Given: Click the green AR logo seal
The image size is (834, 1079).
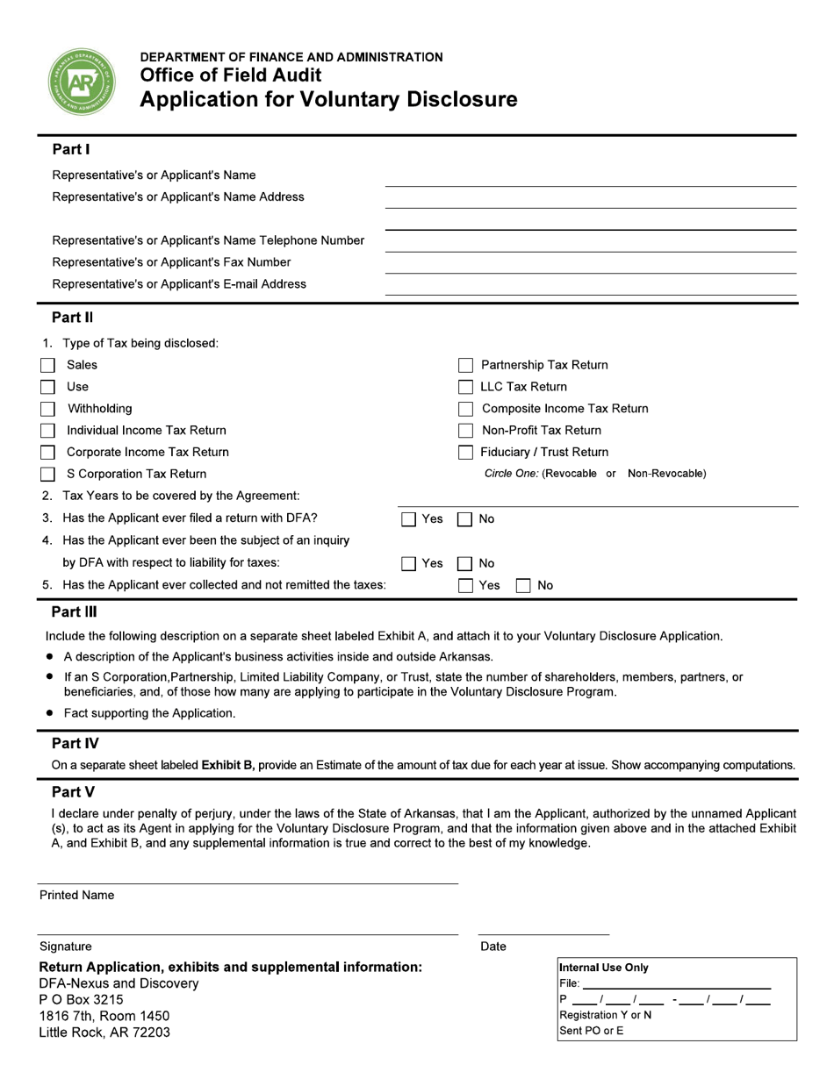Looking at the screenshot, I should point(82,82).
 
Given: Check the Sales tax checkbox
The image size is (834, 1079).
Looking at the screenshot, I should point(48,366).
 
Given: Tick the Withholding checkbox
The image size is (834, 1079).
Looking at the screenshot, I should point(48,410).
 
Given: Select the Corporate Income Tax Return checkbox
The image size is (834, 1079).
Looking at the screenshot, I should point(48,453).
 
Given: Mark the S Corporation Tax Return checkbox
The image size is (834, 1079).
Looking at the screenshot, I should point(48,475).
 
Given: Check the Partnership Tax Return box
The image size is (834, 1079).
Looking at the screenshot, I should point(466,366).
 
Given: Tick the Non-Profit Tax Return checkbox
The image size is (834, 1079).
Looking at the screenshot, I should point(466,431).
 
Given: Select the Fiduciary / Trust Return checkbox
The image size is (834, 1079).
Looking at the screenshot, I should point(466,453).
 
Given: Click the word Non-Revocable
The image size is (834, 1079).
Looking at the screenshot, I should point(666,474).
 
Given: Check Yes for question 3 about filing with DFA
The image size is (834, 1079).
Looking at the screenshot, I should point(408,519).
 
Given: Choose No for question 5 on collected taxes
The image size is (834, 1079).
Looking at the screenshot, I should point(523,586).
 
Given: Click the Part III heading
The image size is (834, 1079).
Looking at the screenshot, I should point(75,612).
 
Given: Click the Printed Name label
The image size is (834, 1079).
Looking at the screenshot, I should point(76,896).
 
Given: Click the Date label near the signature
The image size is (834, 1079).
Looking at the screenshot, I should point(493,947).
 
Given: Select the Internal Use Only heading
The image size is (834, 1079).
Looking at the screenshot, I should point(604,968).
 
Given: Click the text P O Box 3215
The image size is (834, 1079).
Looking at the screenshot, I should point(81,1000).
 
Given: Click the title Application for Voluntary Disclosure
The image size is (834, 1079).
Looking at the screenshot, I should point(328,99).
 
